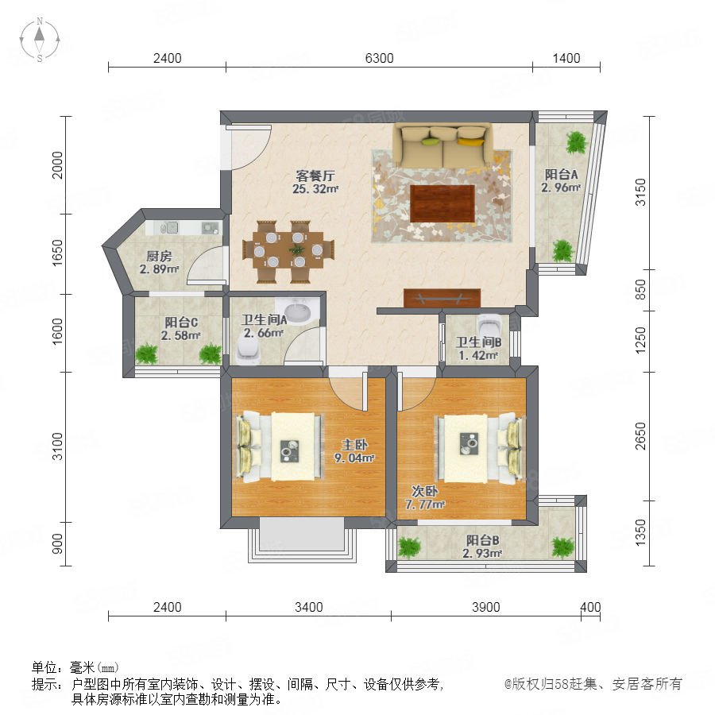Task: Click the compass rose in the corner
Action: (x=40, y=39)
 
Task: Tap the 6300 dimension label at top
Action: (x=380, y=58)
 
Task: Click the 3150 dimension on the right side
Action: (x=640, y=192)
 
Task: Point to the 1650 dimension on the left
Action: (x=57, y=253)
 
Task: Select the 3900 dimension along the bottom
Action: (x=485, y=608)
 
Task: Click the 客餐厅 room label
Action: (x=315, y=176)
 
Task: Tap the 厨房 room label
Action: (x=159, y=257)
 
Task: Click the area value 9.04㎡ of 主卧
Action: (x=354, y=458)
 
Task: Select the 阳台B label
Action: (x=482, y=540)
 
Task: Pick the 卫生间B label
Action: (x=479, y=342)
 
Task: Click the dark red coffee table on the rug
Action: (x=442, y=203)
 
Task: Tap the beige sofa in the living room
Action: (x=443, y=145)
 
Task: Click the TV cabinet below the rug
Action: (x=442, y=298)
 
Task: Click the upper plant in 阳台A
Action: (x=577, y=143)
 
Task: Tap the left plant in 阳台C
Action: (x=146, y=354)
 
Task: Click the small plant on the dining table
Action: (x=297, y=249)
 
